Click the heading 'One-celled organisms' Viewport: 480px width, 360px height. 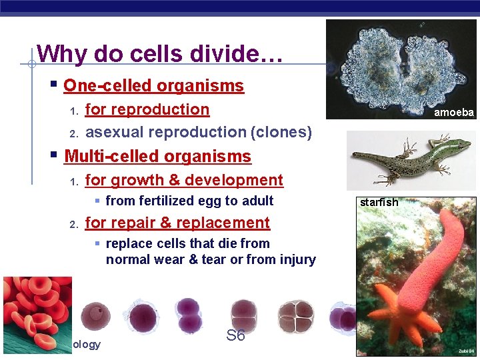[x=153, y=86]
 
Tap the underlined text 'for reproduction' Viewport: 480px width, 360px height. [x=147, y=109]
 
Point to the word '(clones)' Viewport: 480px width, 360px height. [x=281, y=132]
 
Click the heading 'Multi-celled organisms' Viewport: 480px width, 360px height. [x=157, y=157]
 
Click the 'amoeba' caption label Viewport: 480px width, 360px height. [x=453, y=113]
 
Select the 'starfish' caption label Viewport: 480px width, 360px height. [x=379, y=202]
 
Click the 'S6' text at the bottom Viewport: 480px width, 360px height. [x=235, y=335]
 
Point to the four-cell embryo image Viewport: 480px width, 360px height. [x=295, y=315]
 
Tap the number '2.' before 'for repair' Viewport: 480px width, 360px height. [x=75, y=223]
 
